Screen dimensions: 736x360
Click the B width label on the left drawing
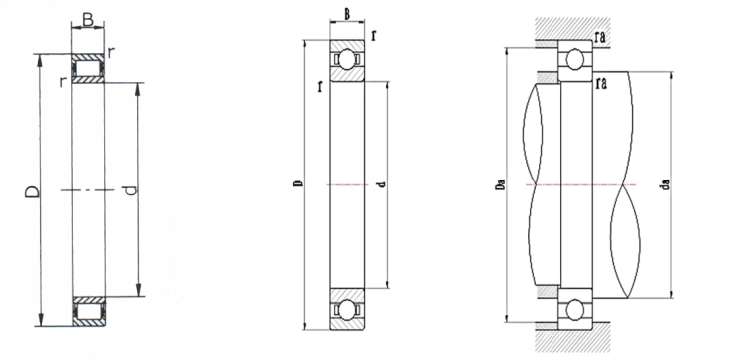(88, 19)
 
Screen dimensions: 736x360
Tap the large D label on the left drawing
(32, 191)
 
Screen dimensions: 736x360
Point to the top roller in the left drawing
(88, 69)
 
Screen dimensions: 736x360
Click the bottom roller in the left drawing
(89, 312)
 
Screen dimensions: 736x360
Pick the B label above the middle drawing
(347, 14)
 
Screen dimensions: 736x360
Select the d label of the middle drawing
(383, 184)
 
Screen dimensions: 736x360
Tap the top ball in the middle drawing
(347, 60)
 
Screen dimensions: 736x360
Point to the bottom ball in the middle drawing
(347, 309)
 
